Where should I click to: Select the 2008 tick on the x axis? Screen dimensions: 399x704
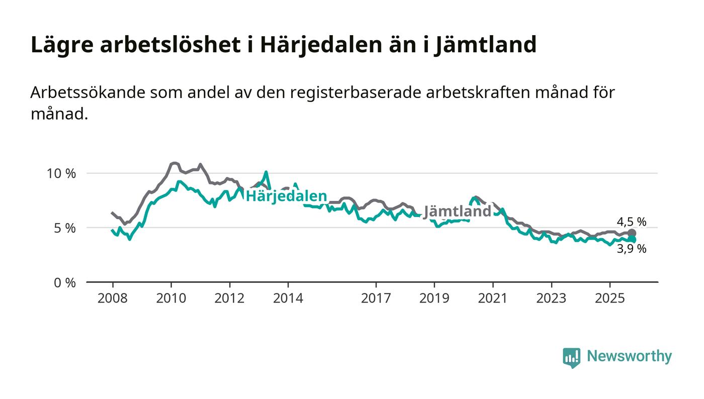tap(113, 298)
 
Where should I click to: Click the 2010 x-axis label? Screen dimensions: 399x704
tap(171, 298)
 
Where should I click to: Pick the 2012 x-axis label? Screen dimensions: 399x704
tap(230, 298)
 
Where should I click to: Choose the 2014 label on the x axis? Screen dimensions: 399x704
tap(288, 298)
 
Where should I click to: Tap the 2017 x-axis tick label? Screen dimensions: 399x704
tap(376, 298)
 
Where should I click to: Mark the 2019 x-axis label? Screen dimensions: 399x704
tap(434, 298)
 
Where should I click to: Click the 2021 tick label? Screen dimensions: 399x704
tap(493, 298)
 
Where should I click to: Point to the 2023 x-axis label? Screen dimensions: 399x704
tap(551, 298)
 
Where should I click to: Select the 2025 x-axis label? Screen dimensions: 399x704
tap(609, 298)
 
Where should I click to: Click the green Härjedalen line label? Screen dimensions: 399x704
tap(286, 196)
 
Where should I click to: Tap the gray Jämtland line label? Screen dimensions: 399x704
tap(457, 212)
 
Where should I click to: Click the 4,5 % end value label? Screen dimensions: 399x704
tap(632, 222)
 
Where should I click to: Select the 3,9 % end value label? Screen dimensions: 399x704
tap(632, 249)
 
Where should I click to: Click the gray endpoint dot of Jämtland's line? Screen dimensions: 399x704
tap(632, 233)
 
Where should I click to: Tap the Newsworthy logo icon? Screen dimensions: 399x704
tap(571, 357)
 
